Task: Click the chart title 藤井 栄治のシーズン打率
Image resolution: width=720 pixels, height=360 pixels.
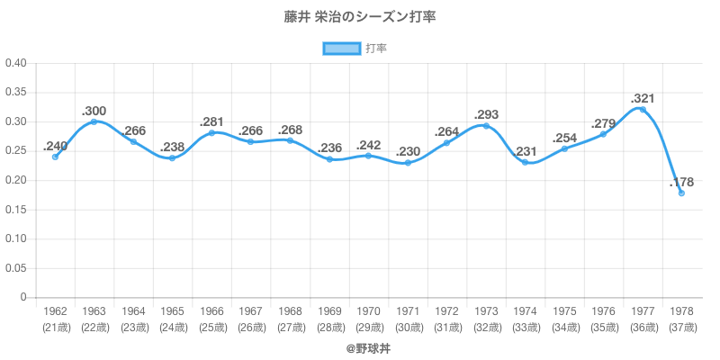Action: click(360, 17)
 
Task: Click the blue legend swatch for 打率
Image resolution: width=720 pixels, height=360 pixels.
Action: click(342, 49)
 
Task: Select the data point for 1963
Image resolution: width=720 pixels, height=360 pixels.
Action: click(94, 121)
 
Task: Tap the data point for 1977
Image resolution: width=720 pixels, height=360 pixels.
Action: click(642, 109)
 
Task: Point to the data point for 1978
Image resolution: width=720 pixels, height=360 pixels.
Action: click(681, 193)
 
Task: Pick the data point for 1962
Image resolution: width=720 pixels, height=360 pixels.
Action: click(55, 157)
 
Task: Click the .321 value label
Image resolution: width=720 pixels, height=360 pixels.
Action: click(642, 98)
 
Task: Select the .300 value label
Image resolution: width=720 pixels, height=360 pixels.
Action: click(94, 110)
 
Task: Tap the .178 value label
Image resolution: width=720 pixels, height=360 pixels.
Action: click(680, 183)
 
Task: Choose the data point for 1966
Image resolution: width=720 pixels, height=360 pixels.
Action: click(211, 132)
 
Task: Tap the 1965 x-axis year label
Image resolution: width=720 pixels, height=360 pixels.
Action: click(172, 311)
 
